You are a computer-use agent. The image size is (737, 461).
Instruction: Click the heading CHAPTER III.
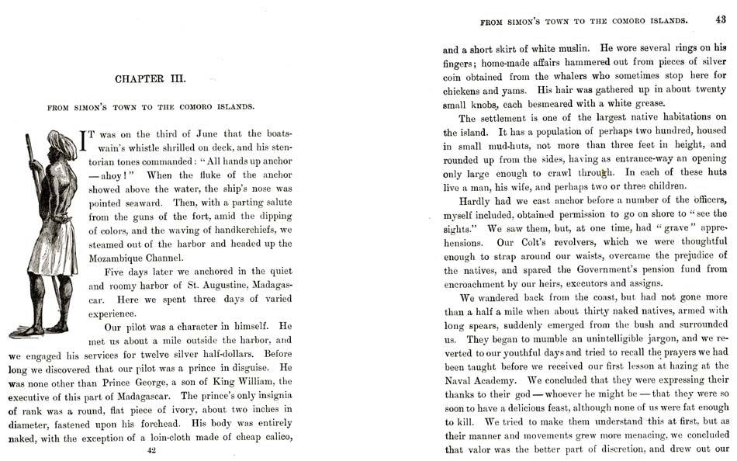coord(151,79)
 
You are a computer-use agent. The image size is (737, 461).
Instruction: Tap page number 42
coord(151,451)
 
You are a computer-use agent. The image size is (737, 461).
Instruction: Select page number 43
coord(721,20)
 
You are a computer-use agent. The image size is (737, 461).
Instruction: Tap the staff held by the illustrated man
coord(33,171)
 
